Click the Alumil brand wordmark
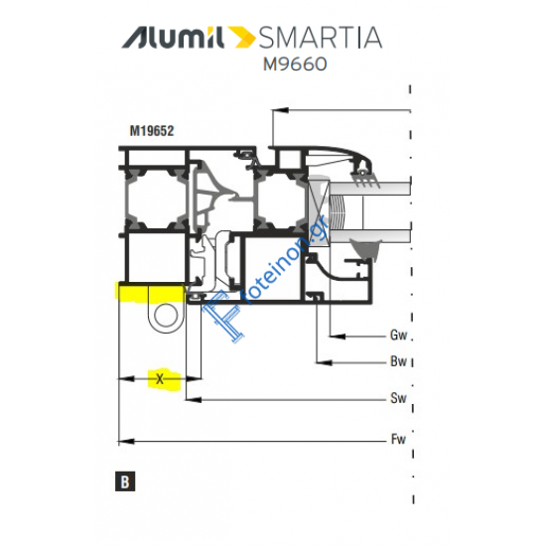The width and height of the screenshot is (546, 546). point(173,38)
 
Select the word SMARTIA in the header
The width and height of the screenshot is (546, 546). point(321,38)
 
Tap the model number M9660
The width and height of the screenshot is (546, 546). point(295,65)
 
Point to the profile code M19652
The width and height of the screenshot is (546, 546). point(152,131)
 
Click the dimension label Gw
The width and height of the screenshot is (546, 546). point(398,336)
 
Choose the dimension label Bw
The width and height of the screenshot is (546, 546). point(398,361)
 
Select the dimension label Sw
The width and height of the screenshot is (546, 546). point(398,398)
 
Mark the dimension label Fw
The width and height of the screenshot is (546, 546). point(398,439)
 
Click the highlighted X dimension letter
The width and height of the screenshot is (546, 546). point(160,379)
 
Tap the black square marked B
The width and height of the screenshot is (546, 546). point(125,481)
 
